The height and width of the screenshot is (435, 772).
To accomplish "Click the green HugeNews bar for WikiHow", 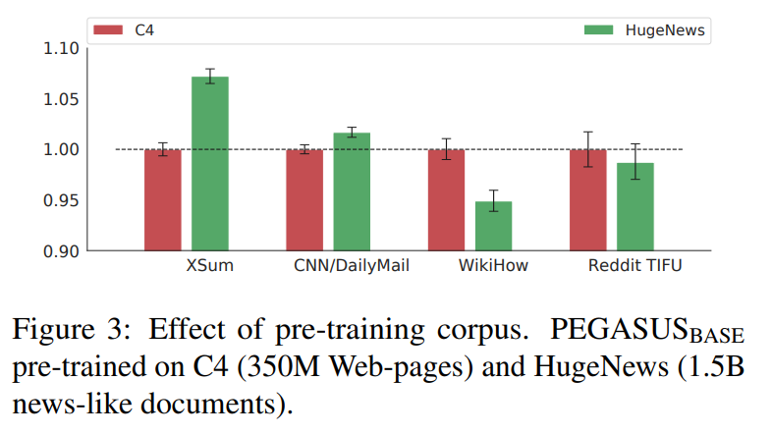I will click(493, 225).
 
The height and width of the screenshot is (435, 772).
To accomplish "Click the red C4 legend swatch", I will click(107, 30).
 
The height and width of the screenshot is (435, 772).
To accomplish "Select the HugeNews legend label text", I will click(664, 30).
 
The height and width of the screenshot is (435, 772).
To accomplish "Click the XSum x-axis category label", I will click(209, 266).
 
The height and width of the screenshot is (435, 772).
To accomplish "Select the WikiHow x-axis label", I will click(493, 266).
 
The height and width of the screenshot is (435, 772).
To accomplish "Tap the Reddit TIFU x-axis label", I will click(634, 266).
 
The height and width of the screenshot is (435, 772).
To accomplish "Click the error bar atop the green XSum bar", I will click(209, 77).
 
